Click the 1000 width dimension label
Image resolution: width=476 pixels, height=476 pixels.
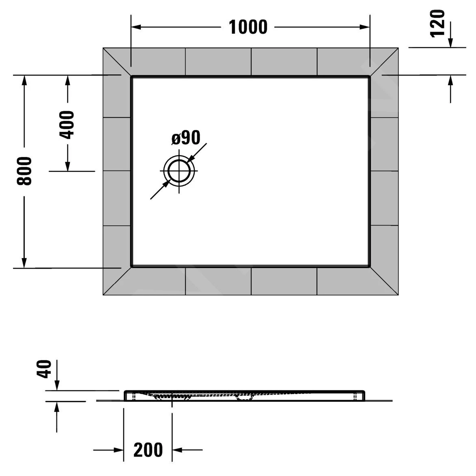tap(248, 27)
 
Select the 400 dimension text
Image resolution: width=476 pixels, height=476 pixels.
tap(67, 125)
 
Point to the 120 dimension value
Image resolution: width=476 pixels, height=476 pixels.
tap(437, 23)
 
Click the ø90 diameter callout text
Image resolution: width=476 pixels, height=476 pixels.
tap(186, 138)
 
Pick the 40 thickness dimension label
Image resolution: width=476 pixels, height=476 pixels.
tap(44, 369)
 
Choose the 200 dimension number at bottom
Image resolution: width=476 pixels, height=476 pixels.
tap(148, 450)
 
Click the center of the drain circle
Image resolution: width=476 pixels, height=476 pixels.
tap(179, 171)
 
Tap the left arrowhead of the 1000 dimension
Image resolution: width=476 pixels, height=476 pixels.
tap(136, 27)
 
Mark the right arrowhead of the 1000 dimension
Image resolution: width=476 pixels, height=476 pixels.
tap(365, 27)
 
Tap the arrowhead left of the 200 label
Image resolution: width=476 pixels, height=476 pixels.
tap(119, 450)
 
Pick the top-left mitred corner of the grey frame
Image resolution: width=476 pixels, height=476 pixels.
tap(103, 48)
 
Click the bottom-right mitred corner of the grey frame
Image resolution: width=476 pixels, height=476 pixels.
tap(398, 295)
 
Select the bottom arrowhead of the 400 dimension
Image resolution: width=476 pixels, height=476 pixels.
tap(67, 166)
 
